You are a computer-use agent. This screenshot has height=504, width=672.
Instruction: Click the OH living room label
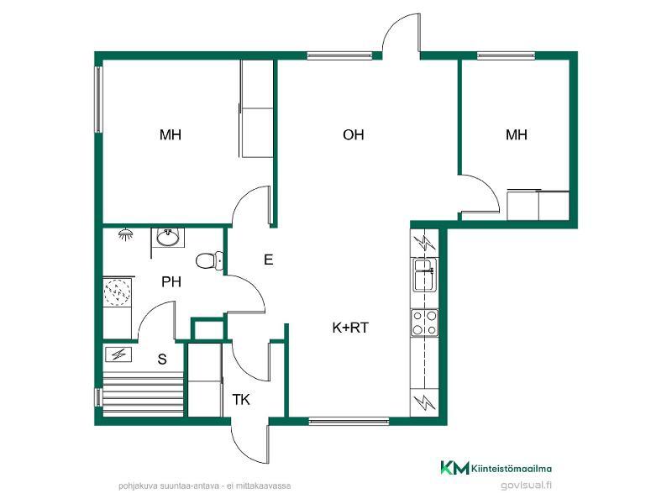pos(353,135)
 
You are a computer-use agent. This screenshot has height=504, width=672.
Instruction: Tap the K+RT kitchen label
pos(350,328)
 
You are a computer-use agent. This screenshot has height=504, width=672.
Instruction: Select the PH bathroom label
pos(171,282)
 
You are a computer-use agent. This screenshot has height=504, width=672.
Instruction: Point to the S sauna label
pos(162,360)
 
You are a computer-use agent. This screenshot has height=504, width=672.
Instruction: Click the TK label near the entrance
pos(241,400)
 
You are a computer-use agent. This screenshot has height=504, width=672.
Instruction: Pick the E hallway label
pos(269,260)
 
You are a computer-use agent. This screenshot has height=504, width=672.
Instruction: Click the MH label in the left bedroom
pos(171,135)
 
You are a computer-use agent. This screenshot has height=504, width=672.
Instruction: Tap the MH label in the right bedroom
pos(517,135)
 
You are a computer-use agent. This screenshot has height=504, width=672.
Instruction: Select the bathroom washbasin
pos(167,238)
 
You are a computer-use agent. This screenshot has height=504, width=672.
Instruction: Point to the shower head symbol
pos(125,234)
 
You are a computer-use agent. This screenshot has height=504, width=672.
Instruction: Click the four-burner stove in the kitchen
pos(424,323)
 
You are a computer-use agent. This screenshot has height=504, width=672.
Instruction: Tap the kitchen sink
pos(424,275)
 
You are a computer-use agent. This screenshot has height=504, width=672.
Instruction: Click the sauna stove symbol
pos(118,354)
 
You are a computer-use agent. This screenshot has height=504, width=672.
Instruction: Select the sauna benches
pos(143,392)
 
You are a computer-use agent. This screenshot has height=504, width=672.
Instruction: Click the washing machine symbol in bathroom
pos(117,291)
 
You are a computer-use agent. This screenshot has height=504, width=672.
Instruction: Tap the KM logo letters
pos(454,468)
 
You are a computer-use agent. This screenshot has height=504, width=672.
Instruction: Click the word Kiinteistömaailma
pos(512,469)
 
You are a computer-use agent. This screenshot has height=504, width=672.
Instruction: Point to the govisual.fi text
pos(526,486)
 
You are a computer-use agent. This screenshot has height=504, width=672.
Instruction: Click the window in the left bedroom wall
pos(98,99)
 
